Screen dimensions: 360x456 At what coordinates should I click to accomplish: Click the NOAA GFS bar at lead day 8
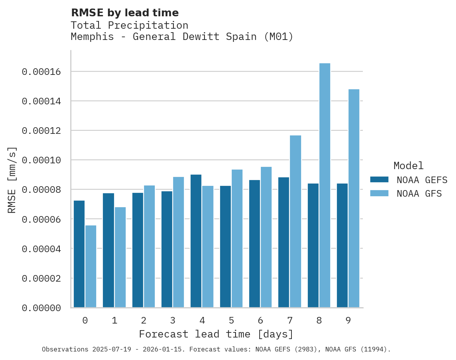(x=324, y=185)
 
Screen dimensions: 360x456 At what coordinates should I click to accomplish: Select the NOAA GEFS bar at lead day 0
(x=79, y=254)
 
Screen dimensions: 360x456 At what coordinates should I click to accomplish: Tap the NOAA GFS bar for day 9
(x=354, y=198)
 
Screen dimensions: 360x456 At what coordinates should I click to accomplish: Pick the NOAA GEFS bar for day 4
(x=196, y=241)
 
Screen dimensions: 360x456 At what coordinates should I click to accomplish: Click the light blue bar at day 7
(x=295, y=222)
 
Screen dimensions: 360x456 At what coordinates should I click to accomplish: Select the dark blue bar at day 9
(x=342, y=246)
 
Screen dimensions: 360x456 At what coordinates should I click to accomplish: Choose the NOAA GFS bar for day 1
(x=120, y=257)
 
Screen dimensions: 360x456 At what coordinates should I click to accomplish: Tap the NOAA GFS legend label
(x=419, y=194)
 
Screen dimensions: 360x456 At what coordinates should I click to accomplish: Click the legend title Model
(x=408, y=166)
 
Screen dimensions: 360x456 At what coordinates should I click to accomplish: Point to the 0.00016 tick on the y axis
(x=41, y=72)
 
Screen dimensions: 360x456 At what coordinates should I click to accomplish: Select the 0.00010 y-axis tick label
(x=41, y=160)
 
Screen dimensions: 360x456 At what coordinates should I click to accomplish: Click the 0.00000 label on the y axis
(x=41, y=308)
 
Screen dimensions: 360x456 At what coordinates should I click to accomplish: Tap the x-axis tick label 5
(x=231, y=321)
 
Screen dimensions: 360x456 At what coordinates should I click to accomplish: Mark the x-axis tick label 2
(x=144, y=321)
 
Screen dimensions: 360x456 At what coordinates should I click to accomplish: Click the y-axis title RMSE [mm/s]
(x=12, y=180)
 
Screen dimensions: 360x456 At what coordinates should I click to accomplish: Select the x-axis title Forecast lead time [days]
(x=216, y=334)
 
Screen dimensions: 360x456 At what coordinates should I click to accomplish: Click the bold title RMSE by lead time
(x=125, y=13)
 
